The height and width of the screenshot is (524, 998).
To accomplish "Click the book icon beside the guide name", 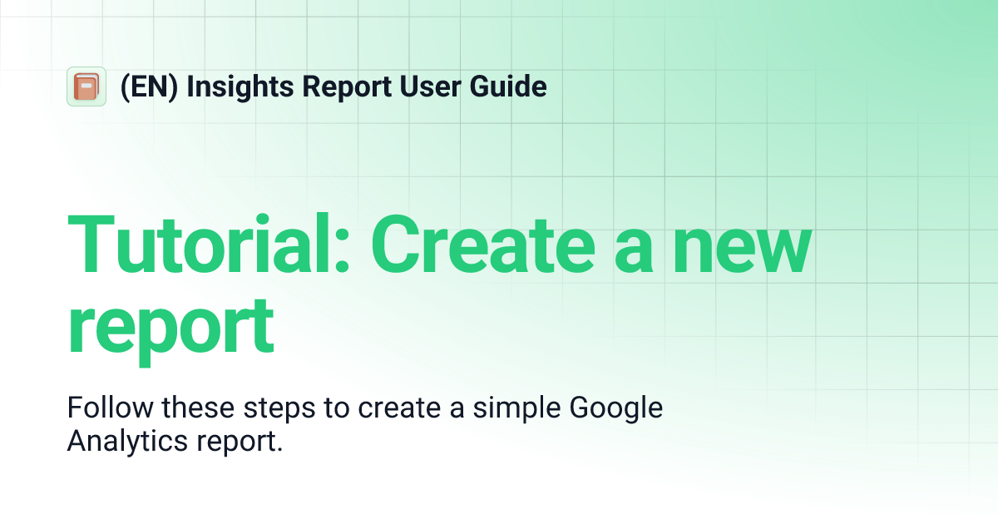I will click(86, 87).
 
